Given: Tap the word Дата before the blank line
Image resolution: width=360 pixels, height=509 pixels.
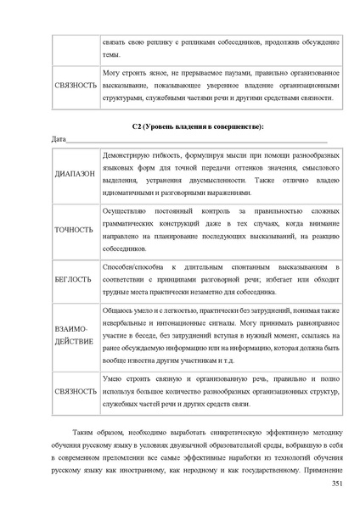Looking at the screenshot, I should [59, 138].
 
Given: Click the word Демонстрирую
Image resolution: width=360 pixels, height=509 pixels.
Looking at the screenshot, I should [125, 158].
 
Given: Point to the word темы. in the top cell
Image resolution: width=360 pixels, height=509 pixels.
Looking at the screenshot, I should [111, 53].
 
